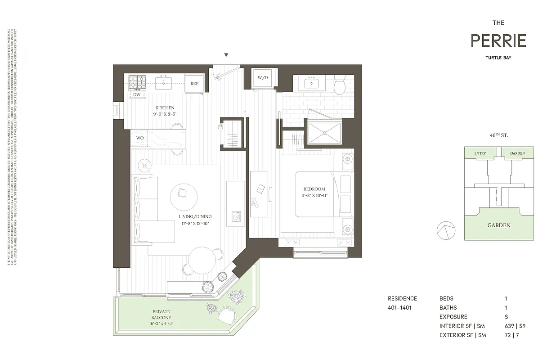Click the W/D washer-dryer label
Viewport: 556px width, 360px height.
click(262, 78)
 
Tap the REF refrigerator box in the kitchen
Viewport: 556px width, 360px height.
click(194, 84)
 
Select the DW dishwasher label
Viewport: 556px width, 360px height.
click(136, 95)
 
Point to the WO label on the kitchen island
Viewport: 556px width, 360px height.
click(140, 138)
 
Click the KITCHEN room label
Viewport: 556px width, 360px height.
click(165, 108)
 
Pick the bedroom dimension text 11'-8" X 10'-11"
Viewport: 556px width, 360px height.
click(314, 196)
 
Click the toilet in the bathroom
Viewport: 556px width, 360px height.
click(339, 85)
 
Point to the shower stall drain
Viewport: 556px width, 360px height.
click(324, 133)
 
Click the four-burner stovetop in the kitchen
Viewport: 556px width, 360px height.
click(138, 82)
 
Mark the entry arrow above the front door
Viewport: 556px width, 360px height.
click(226, 55)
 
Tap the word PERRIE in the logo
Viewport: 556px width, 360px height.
click(498, 41)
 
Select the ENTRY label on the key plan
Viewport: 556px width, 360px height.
click(480, 153)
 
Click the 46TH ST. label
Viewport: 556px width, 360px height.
click(499, 135)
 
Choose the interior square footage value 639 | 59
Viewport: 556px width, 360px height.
click(512, 326)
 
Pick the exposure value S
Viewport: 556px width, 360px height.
click(506, 317)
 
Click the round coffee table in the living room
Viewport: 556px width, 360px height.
click(184, 195)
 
